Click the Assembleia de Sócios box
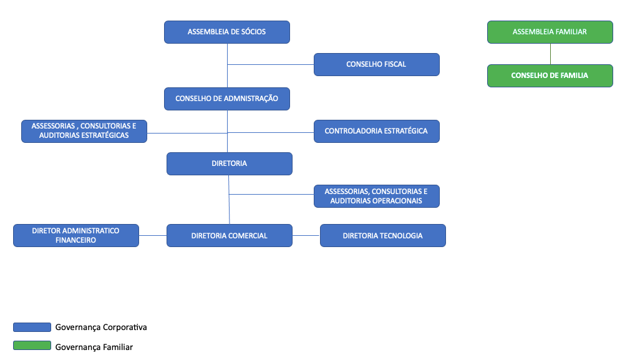point(227,32)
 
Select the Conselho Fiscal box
point(377,64)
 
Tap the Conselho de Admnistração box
point(227,99)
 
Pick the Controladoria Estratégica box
point(377,131)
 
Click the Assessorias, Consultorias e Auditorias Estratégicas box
point(84,131)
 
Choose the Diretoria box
point(230,163)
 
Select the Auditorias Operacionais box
point(377,196)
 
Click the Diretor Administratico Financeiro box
point(76,235)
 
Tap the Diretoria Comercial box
point(230,235)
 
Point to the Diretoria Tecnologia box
point(383,235)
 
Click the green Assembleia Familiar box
point(550,32)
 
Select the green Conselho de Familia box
point(550,75)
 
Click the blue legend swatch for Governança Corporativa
point(32,327)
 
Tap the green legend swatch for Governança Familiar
point(32,345)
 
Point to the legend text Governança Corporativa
point(101,328)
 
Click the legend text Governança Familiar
point(94,348)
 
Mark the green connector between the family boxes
point(551,54)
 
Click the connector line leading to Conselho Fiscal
point(271,64)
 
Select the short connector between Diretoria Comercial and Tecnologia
point(306,235)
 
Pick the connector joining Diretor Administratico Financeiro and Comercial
point(153,235)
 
